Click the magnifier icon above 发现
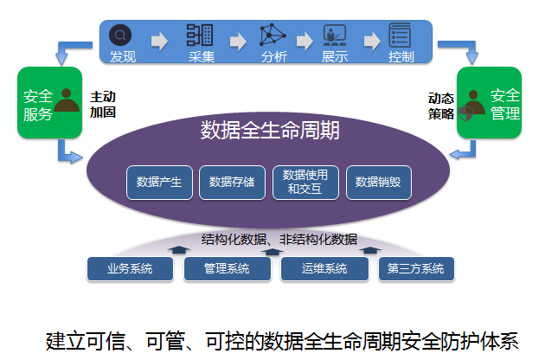pos(122,35)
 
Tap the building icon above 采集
pos(200,35)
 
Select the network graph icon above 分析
pos(273,36)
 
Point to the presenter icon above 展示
pos(334,36)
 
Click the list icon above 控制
pos(401,35)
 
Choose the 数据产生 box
pos(159,182)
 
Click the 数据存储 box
pos(232,182)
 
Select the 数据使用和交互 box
pos(305,182)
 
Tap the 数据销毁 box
pos(378,182)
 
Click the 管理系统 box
pos(227,269)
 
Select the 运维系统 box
pos(324,269)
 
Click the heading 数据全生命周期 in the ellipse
pos(270,131)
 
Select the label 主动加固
pos(102,105)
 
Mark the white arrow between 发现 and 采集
pos(160,40)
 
